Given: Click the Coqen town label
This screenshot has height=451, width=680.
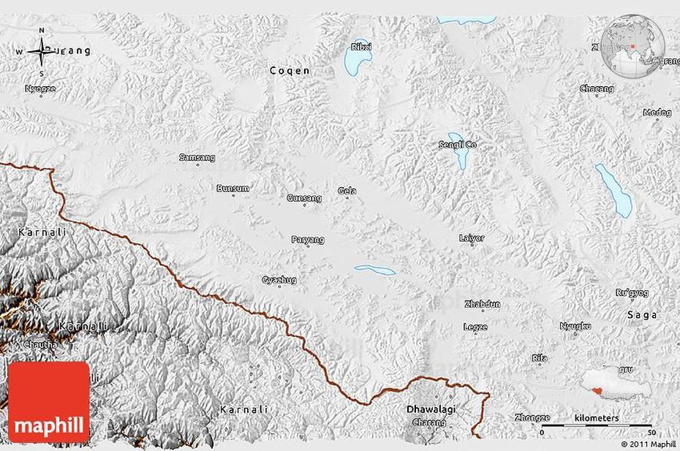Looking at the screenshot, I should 290,71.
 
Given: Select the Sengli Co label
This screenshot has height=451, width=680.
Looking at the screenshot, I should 457,145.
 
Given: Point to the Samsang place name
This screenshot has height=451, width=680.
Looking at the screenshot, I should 197,157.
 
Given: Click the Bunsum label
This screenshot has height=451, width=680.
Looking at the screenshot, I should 233,189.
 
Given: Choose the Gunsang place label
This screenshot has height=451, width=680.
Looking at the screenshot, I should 304,198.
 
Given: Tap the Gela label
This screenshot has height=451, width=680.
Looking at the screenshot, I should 347,192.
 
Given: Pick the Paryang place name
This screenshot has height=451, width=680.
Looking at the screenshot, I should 308,240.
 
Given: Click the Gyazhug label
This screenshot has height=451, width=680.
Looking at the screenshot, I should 279,280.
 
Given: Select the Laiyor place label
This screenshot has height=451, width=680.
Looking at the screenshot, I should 472,238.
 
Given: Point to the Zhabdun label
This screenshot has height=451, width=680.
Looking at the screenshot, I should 482,305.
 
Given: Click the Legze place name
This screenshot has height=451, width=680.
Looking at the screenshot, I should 475,327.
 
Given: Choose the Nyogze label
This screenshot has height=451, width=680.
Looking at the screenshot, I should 40,88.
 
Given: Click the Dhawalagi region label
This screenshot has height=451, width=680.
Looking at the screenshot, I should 431,410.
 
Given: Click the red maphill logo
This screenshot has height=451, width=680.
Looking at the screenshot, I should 49,402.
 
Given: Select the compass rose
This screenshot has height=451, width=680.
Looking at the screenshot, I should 42,51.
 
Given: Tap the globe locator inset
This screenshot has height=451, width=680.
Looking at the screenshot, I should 632,45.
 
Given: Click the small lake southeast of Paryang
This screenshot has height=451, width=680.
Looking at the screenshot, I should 375,270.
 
